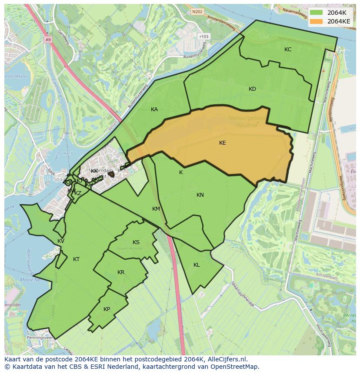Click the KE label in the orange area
tap(222, 143)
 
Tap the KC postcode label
tap(288, 50)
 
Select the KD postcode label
tap(252, 89)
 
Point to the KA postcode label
tap(154, 109)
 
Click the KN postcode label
tap(200, 195)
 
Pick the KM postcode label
tap(156, 209)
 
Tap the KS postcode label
tap(136, 242)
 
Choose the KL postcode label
tap(197, 265)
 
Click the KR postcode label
tap(121, 272)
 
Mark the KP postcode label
tap(107, 309)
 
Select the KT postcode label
tap(76, 259)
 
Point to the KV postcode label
tap(61, 241)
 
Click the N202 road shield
tap(198, 12)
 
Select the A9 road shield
tap(48, 39)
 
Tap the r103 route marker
tap(203, 37)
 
